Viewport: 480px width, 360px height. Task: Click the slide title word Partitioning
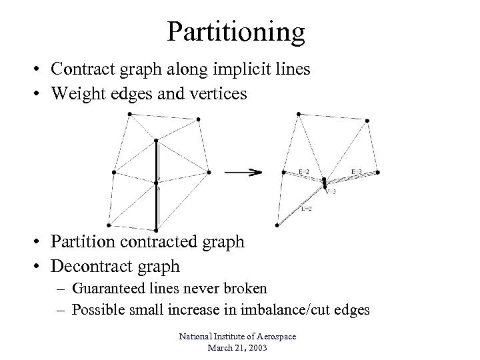tap(237, 31)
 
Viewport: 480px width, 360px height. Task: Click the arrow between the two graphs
tap(243, 172)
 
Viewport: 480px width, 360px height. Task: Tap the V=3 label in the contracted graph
tap(331, 191)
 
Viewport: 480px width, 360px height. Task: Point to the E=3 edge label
tap(357, 172)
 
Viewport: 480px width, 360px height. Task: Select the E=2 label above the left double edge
tap(303, 172)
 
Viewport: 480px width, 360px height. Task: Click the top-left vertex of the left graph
tap(129, 114)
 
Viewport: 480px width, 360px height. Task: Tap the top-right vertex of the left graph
tap(198, 119)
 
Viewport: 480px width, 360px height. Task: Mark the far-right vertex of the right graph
tap(378, 172)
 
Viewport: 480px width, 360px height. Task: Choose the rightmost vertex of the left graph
tap(209, 172)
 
